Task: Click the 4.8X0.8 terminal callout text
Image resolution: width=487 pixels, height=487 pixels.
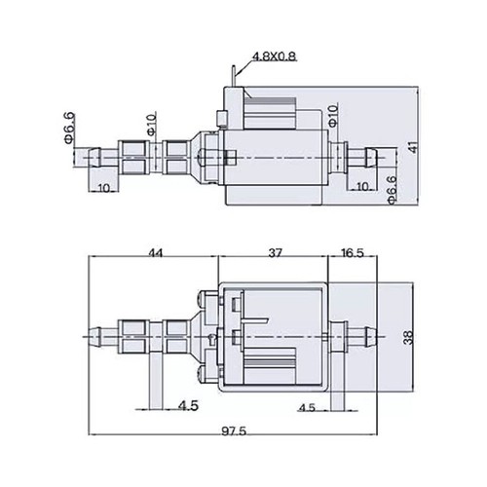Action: [275, 56]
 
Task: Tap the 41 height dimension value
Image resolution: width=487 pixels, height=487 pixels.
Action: [413, 148]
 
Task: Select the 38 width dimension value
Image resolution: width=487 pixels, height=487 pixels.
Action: [408, 337]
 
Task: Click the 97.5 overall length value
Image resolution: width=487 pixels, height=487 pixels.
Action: [234, 431]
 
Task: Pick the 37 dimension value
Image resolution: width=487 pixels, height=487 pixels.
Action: [275, 252]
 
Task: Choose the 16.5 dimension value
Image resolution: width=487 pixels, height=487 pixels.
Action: [353, 252]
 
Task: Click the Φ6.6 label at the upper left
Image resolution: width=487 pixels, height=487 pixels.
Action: [70, 128]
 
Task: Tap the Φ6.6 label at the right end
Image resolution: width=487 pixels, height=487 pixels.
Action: [392, 190]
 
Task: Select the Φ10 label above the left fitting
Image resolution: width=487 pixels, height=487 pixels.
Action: [152, 124]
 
